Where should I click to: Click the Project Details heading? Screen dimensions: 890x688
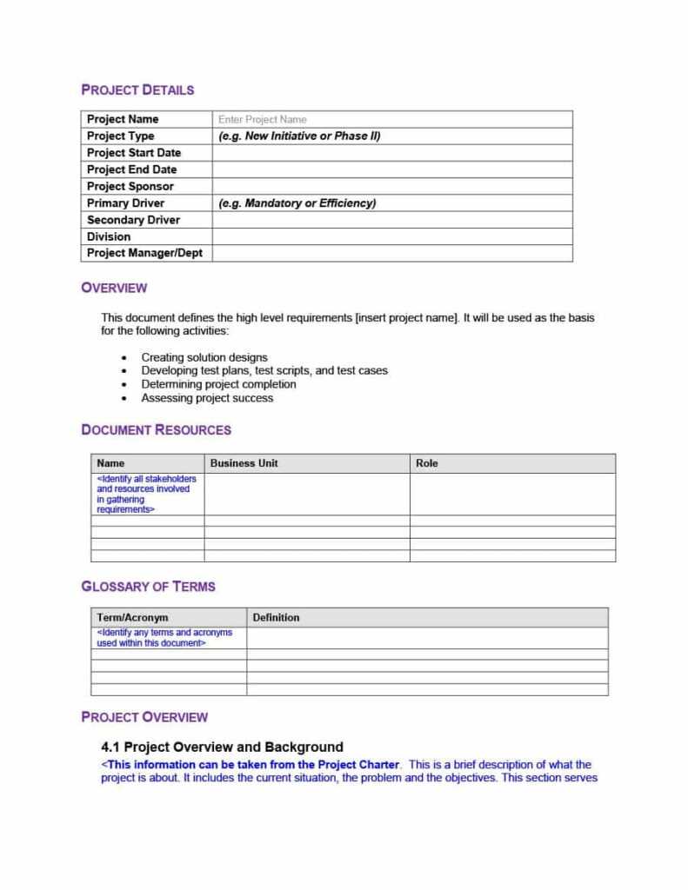[137, 90]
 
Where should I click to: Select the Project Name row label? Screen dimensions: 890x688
[123, 119]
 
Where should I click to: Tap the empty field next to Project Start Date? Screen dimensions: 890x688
[391, 153]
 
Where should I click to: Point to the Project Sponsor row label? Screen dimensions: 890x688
[130, 186]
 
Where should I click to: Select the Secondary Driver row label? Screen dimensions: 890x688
[133, 220]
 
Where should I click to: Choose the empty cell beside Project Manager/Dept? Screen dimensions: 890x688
[391, 253]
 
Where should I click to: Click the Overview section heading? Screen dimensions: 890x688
[114, 288]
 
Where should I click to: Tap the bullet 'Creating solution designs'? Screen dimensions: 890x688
[204, 357]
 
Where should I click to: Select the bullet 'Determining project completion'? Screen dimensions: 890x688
[218, 384]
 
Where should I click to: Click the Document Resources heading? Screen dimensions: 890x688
[156, 429]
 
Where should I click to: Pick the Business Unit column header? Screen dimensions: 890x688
[244, 463]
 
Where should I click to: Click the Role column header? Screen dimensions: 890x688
[427, 463]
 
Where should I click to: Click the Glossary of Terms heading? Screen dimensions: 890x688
[148, 587]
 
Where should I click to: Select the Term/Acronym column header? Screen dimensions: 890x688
[132, 617]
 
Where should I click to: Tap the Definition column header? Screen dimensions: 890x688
[276, 617]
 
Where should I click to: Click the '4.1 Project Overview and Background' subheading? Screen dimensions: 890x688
[222, 747]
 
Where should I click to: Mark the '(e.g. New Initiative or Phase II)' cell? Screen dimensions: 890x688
[299, 136]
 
